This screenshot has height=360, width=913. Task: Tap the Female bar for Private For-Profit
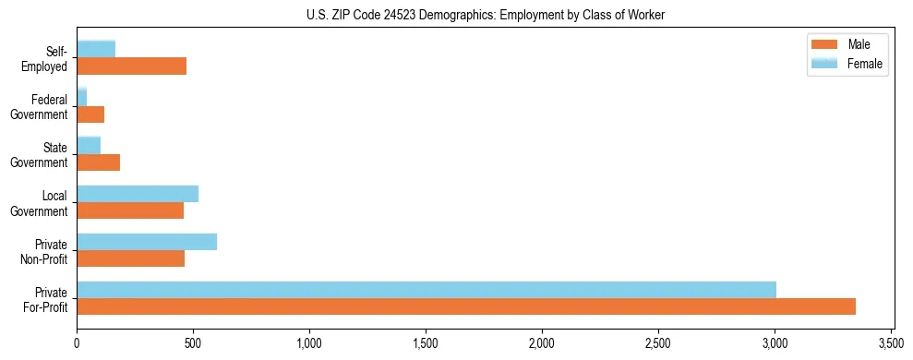click(x=426, y=290)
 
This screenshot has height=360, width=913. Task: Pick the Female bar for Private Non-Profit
click(x=147, y=242)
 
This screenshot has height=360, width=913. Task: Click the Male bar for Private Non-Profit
click(x=131, y=258)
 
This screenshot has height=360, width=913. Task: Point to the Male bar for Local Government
click(x=130, y=210)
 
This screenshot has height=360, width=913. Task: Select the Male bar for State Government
click(x=99, y=162)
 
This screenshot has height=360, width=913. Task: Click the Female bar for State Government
click(x=89, y=146)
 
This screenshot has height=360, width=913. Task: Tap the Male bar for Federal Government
click(x=90, y=114)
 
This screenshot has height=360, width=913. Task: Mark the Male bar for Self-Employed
click(x=132, y=66)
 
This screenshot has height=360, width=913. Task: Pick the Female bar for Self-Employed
click(x=96, y=49)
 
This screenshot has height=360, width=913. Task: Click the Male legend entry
click(x=846, y=44)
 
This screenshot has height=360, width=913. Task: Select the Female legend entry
click(x=846, y=63)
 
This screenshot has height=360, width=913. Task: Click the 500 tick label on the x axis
click(x=193, y=342)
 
